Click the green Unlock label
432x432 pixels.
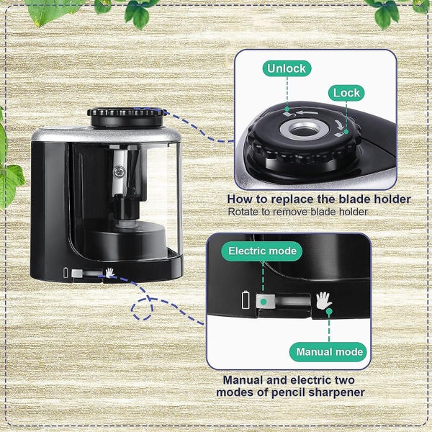click(287, 69)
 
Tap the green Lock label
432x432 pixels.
click(346, 93)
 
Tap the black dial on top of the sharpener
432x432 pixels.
click(127, 116)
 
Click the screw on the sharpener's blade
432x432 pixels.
click(118, 171)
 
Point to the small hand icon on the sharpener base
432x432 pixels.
click(110, 273)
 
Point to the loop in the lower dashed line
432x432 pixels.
click(143, 308)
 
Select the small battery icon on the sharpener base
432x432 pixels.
click(67, 273)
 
